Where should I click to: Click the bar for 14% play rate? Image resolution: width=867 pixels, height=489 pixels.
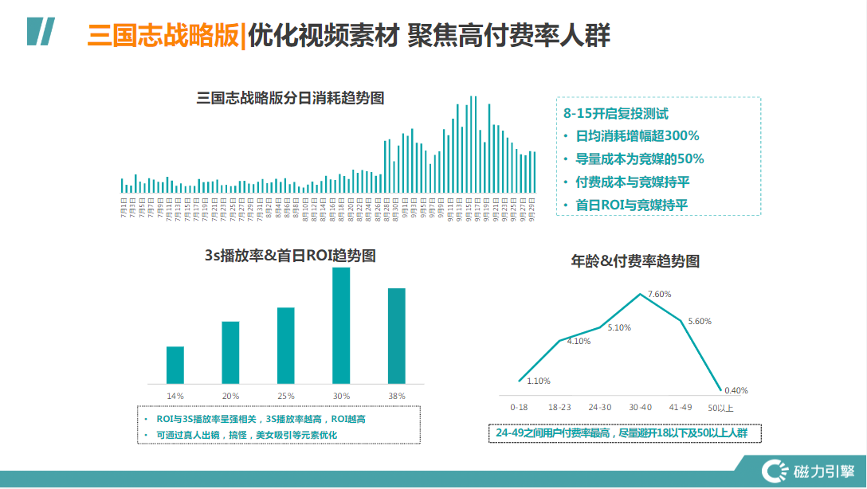(175, 365)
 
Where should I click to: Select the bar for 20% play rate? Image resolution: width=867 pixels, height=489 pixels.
(230, 352)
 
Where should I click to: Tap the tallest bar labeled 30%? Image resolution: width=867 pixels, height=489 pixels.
(341, 325)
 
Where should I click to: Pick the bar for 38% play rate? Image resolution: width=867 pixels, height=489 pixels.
(396, 335)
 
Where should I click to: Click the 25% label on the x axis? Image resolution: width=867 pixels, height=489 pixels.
(285, 396)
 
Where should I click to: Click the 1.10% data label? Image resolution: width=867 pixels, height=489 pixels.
(539, 381)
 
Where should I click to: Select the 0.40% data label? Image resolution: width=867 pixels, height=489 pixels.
(736, 390)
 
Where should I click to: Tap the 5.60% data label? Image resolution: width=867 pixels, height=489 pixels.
(700, 321)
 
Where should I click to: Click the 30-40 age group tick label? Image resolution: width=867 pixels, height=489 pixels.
(641, 407)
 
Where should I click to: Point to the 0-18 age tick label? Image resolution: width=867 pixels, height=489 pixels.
(520, 407)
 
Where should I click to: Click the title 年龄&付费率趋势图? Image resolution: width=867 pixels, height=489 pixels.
(636, 260)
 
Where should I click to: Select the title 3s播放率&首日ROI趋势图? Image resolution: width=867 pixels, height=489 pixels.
(290, 256)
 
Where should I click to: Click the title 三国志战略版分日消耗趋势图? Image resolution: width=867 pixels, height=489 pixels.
(290, 99)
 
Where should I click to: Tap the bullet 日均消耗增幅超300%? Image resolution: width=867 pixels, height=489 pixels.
(637, 135)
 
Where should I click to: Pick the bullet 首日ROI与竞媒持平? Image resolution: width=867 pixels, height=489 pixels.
(631, 205)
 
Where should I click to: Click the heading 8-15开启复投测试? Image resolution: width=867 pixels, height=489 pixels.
(615, 113)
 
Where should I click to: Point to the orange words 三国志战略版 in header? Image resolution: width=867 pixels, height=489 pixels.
(163, 36)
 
